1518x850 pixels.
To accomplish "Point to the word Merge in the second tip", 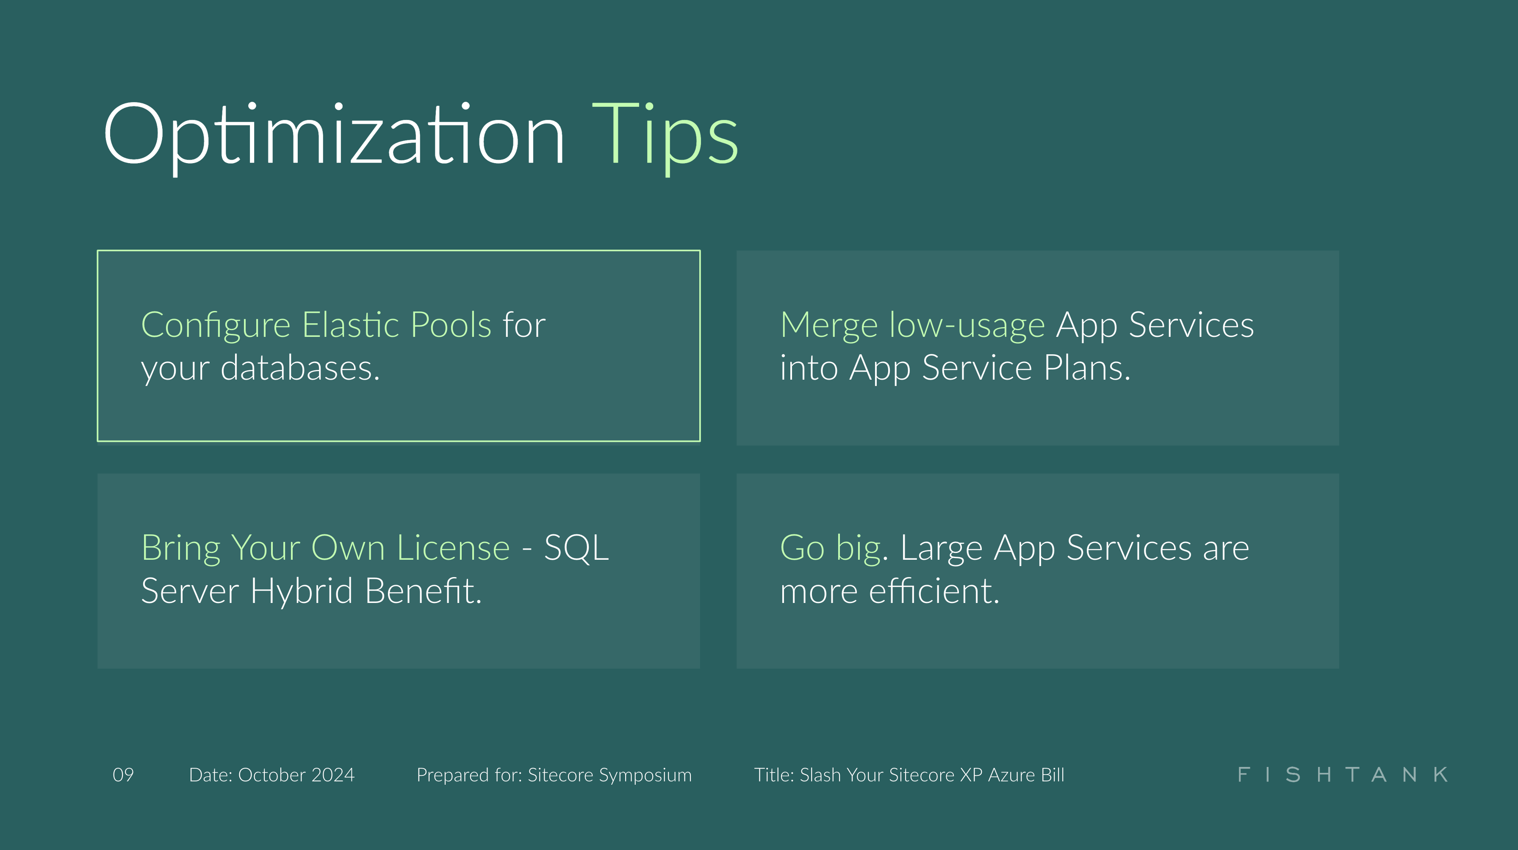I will [828, 325].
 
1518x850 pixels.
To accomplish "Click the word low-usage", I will [967, 325].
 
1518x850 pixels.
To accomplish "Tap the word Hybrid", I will [302, 591].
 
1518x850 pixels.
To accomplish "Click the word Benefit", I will [423, 591].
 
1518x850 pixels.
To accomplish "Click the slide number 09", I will [123, 775].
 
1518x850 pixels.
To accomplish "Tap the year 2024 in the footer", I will [333, 775].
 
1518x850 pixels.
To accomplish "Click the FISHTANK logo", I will [1342, 775].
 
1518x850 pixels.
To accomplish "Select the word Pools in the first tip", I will [451, 325].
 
